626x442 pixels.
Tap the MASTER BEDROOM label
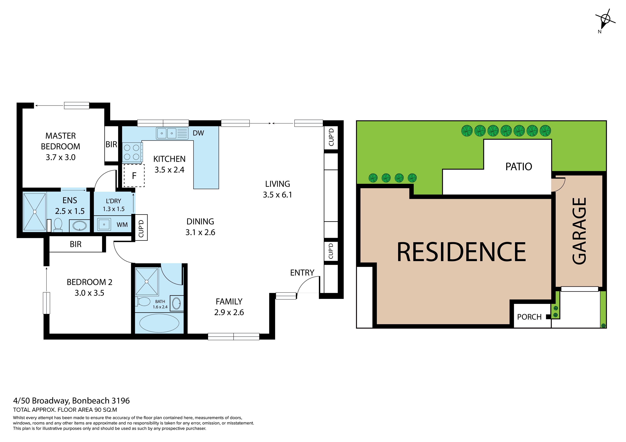[x=60, y=141]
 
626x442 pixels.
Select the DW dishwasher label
[x=198, y=133]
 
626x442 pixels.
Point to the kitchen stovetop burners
[x=132, y=152]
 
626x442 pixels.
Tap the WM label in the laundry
[x=122, y=225]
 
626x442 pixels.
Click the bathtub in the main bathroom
[x=159, y=323]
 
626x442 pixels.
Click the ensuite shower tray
[x=35, y=212]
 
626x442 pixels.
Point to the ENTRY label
[x=302, y=273]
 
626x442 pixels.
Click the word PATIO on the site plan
[x=519, y=167]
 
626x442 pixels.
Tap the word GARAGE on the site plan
[x=579, y=231]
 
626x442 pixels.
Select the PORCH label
[x=529, y=317]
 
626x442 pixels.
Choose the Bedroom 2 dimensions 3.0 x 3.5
[x=89, y=293]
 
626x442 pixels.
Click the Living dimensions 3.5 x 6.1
[x=277, y=195]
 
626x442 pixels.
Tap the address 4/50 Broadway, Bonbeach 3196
[x=71, y=401]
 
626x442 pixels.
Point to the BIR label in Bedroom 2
[x=75, y=244]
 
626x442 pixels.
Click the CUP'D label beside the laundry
[x=141, y=227]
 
